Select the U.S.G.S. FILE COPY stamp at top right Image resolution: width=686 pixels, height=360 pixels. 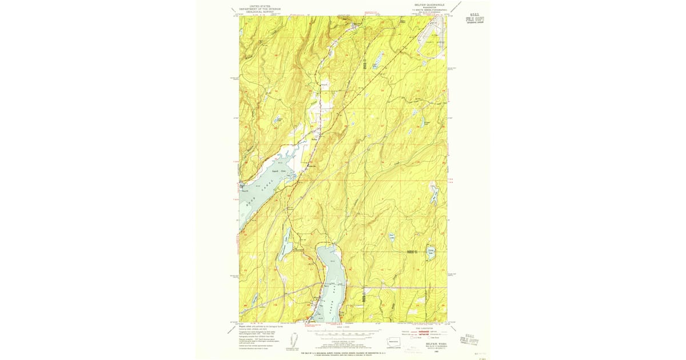click(x=474, y=18)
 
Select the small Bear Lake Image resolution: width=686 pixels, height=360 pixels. click(x=392, y=237)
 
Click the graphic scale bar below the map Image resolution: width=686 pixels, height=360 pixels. click(x=343, y=332)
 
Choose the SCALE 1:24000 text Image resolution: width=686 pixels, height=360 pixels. click(x=343, y=327)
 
